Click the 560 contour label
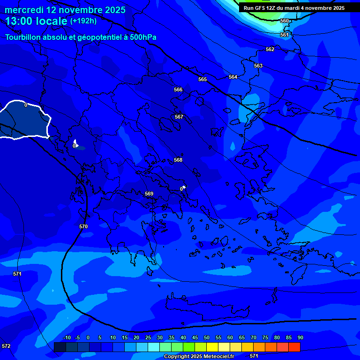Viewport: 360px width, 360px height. tap(285, 21)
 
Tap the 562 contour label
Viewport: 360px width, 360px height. tap(270, 49)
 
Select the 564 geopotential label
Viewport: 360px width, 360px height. tap(233, 77)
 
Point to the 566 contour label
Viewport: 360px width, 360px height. tap(178, 90)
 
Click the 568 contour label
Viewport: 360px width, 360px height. tap(178, 160)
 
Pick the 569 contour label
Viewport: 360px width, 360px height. tap(149, 194)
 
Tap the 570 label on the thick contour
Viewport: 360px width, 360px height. tap(83, 226)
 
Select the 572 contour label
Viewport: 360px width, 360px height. tap(6, 346)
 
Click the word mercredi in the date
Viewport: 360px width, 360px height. tap(24, 10)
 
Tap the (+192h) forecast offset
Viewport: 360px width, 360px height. tap(83, 21)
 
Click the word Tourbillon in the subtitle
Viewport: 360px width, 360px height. tap(23, 37)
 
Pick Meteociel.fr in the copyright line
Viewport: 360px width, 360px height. tap(219, 357)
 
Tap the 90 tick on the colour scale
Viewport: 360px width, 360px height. tap(300, 338)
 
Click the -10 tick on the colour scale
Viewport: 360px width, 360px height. tap(66, 338)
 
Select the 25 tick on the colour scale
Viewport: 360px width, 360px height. tap(148, 338)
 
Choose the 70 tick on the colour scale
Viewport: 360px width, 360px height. tap(253, 338)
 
